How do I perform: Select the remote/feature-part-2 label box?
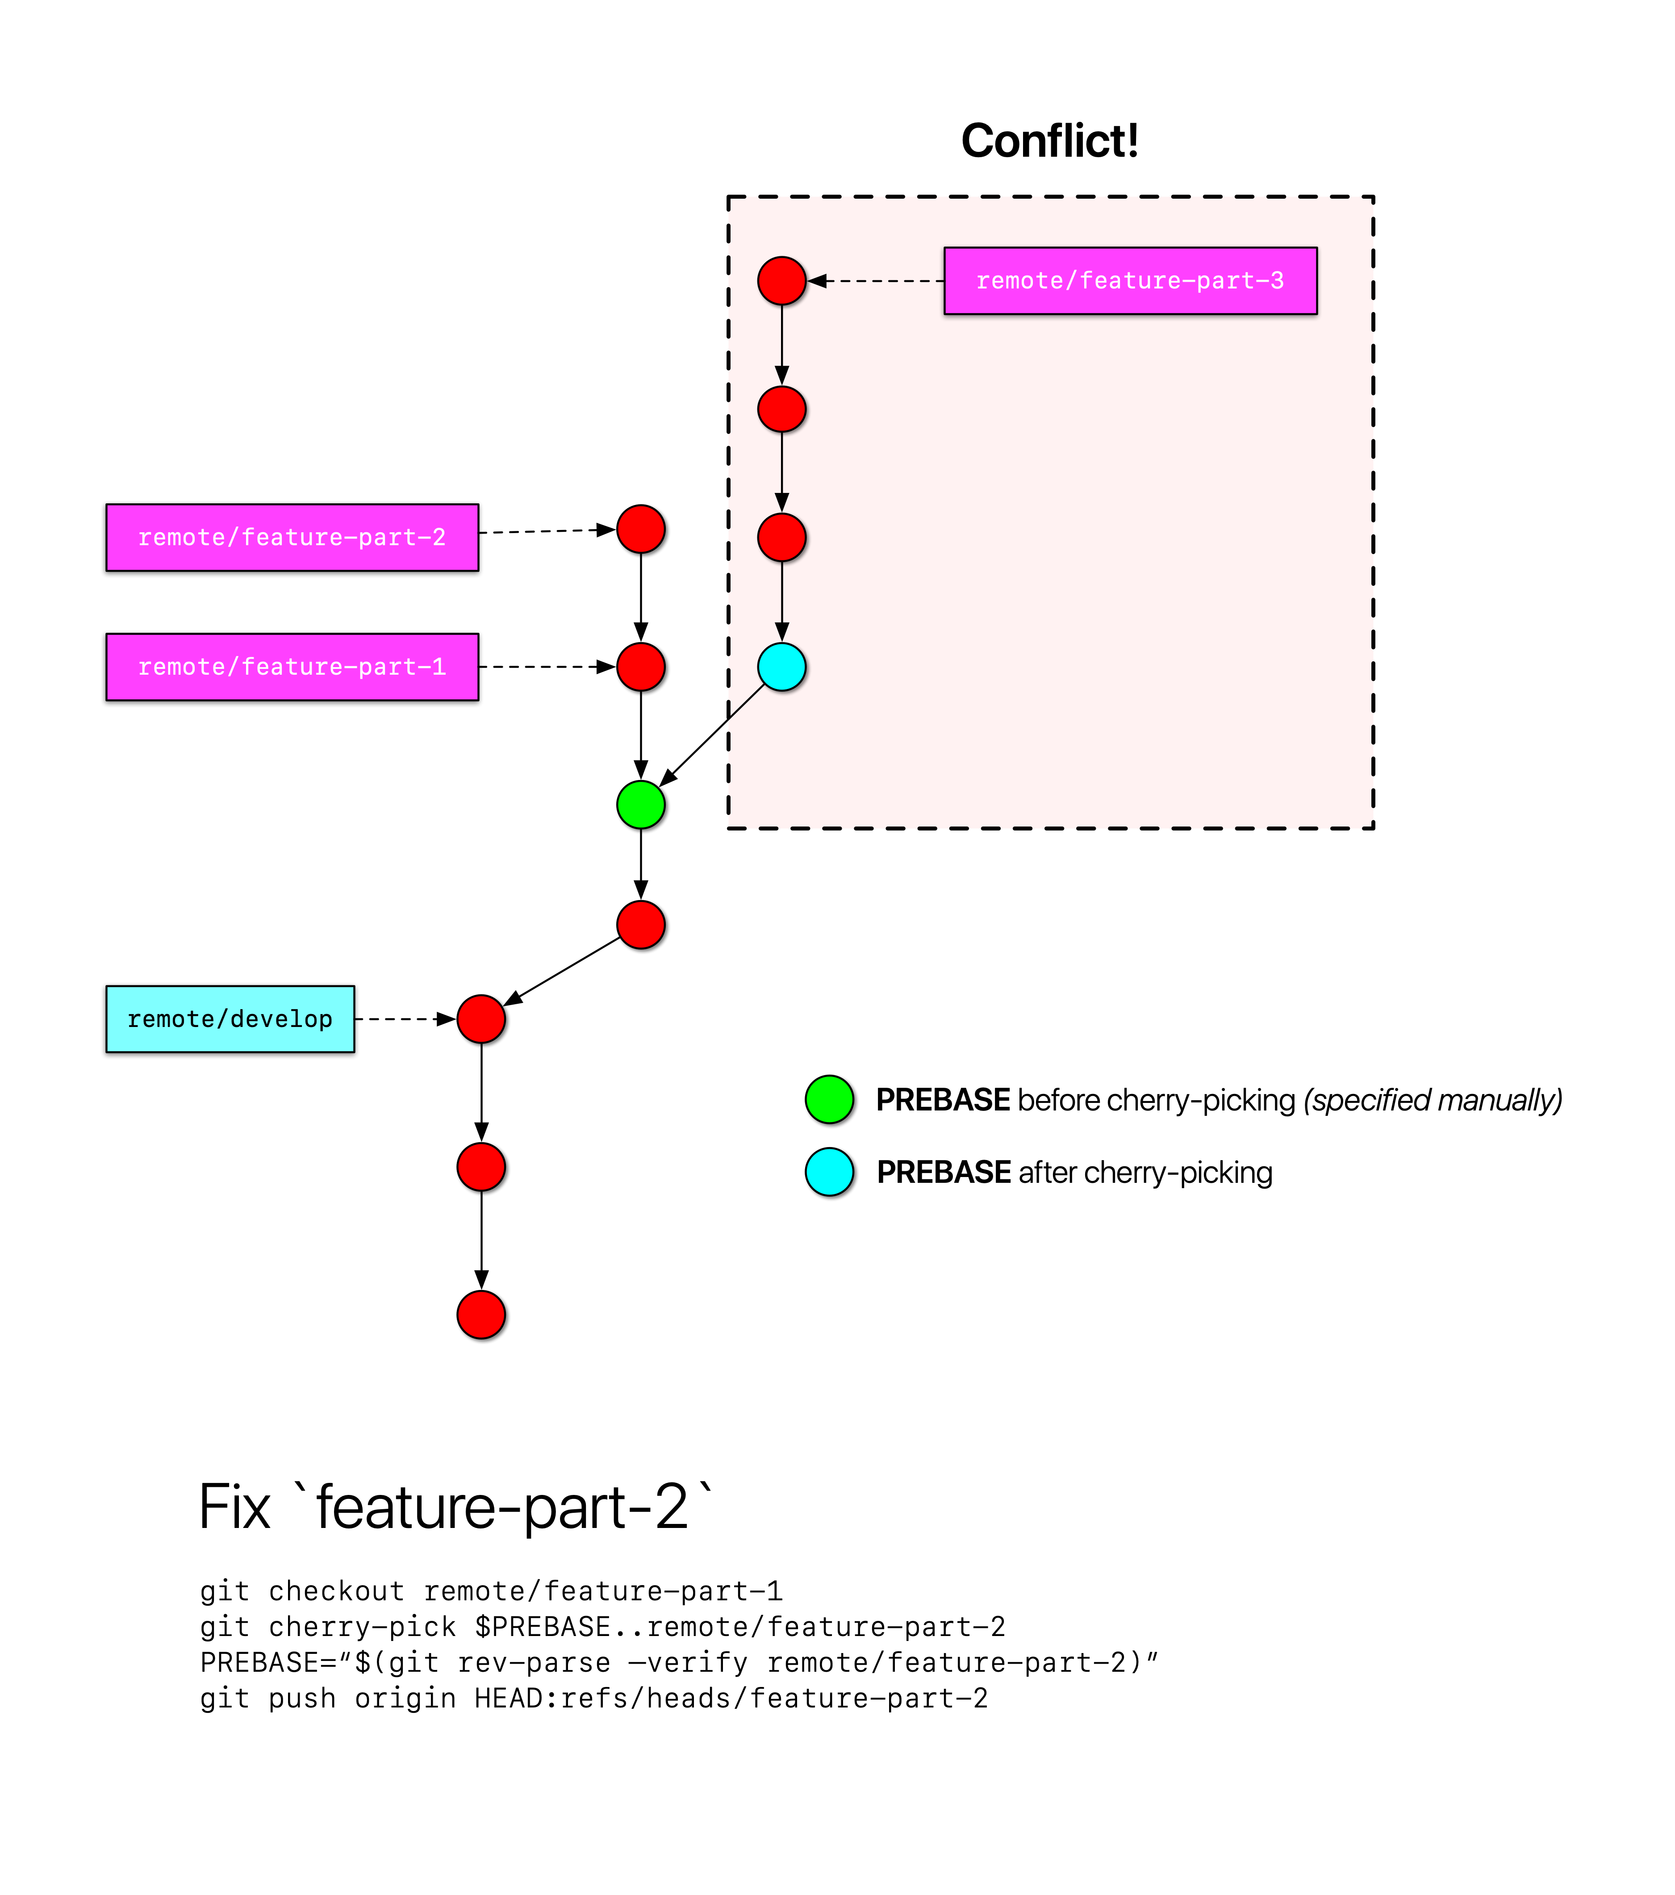click(x=292, y=538)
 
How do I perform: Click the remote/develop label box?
click(x=230, y=1019)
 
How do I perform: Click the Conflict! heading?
click(x=1049, y=141)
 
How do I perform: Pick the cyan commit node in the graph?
click(x=781, y=667)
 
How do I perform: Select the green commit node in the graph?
click(x=640, y=805)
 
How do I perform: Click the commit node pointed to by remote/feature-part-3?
click(x=781, y=281)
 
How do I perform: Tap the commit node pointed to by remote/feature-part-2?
click(x=640, y=530)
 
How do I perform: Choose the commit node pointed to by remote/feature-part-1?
click(x=640, y=667)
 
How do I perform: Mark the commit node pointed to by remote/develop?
click(x=481, y=1019)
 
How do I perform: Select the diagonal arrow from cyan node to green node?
click(x=712, y=736)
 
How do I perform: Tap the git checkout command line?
click(x=491, y=1591)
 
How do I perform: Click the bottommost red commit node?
click(x=481, y=1315)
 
